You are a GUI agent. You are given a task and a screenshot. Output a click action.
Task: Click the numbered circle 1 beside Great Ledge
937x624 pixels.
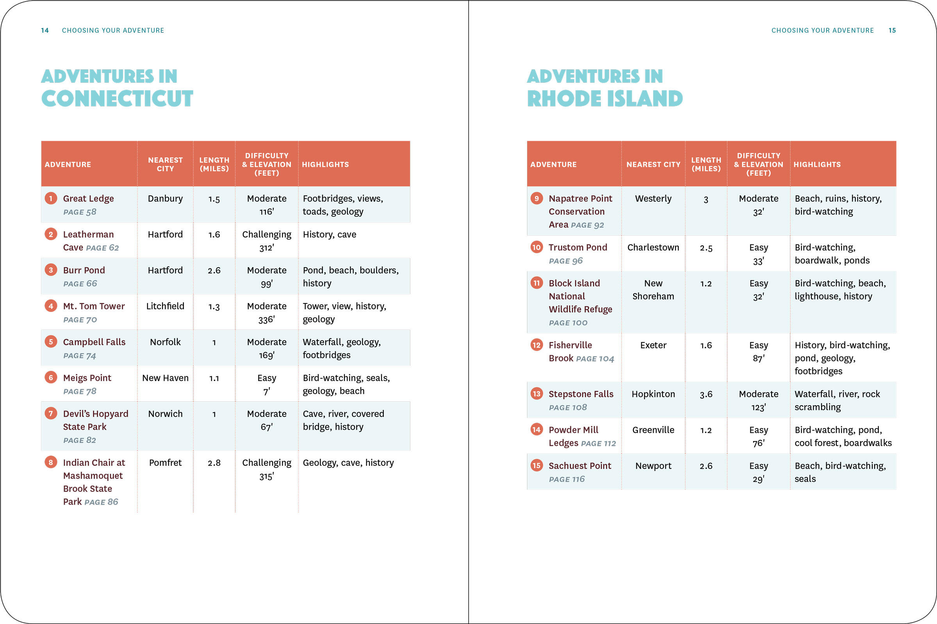[51, 198]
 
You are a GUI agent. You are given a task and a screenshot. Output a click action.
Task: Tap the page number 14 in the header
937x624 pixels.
[45, 30]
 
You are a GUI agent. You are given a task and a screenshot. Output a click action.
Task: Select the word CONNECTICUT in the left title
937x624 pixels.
[117, 99]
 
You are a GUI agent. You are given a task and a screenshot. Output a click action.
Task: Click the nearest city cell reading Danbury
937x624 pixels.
[165, 199]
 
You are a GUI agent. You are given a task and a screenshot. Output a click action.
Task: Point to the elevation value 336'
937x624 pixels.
[267, 319]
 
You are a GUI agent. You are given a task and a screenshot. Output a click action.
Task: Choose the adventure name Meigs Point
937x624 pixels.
[87, 378]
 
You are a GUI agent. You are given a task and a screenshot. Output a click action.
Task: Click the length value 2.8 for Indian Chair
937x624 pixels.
[214, 463]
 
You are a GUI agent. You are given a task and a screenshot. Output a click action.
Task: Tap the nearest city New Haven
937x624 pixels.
[165, 378]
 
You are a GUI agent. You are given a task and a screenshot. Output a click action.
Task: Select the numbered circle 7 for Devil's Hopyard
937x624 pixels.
[51, 413]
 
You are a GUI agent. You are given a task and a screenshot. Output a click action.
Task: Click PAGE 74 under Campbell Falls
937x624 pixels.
[80, 356]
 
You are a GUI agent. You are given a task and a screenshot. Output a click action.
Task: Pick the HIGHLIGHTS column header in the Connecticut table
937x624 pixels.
[325, 164]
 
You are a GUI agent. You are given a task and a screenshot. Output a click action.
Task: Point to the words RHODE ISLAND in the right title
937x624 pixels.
[605, 99]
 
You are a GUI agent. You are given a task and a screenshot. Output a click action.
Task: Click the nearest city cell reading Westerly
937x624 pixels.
[653, 199]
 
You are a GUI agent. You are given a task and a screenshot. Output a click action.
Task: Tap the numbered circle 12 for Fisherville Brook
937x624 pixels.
[536, 345]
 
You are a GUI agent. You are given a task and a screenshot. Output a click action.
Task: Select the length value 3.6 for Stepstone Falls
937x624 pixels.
[706, 394]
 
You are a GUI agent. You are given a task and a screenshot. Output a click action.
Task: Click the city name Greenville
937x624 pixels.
[653, 430]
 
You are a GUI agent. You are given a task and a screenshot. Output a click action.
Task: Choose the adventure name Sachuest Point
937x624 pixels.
[580, 466]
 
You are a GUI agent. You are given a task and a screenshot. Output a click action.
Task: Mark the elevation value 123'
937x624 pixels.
[759, 408]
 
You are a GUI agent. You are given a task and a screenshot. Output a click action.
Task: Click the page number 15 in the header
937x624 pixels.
[892, 30]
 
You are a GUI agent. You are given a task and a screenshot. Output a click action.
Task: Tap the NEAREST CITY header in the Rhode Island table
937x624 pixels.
[653, 164]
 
